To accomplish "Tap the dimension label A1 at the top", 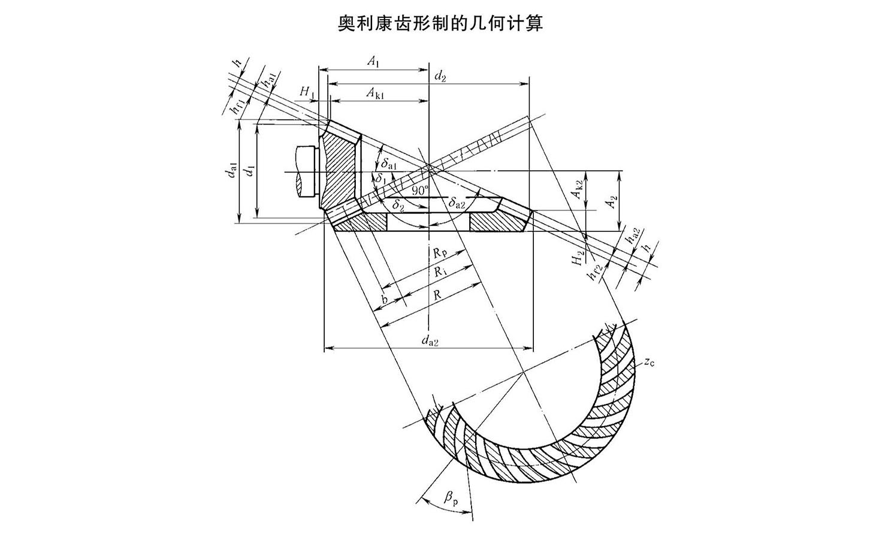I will tap(373, 61).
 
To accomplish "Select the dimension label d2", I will tap(440, 76).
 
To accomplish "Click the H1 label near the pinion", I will tap(307, 91).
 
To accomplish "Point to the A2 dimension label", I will tap(610, 202).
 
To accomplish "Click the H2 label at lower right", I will tap(577, 258).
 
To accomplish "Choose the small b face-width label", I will tap(385, 298).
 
